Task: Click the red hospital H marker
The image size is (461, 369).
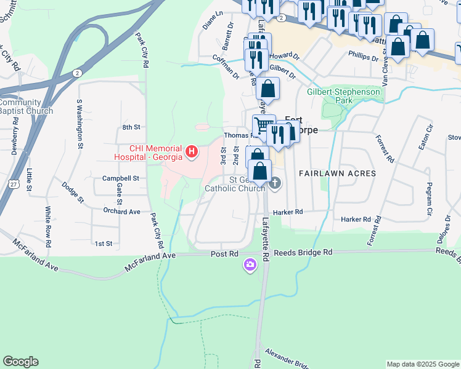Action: pyautogui.click(x=191, y=151)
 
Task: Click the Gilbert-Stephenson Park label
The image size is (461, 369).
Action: pyautogui.click(x=345, y=97)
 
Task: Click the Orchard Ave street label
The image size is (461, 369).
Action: pyautogui.click(x=122, y=212)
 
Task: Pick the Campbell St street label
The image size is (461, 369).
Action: pyautogui.click(x=121, y=178)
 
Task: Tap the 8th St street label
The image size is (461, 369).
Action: pyautogui.click(x=131, y=127)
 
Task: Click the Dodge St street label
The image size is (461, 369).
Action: pyautogui.click(x=72, y=191)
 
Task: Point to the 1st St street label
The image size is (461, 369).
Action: pyautogui.click(x=104, y=244)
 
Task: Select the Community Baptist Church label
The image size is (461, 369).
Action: pyautogui.click(x=25, y=106)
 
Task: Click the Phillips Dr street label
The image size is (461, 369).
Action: pyautogui.click(x=363, y=57)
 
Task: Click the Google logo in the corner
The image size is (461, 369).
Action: pyautogui.click(x=20, y=362)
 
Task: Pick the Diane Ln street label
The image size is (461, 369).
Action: pyautogui.click(x=211, y=20)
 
